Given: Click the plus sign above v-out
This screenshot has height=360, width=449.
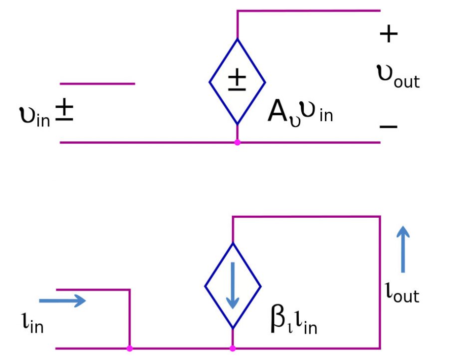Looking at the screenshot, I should pos(389,34).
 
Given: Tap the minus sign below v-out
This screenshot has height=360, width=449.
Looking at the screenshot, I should pos(389,126).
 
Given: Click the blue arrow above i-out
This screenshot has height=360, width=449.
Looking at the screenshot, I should pos(404,249).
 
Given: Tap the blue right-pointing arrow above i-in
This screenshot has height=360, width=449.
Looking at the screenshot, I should pos(63,300).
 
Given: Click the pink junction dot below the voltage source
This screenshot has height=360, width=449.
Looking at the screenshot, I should pos(237,142).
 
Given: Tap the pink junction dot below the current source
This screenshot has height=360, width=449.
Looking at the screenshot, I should pos(232,348).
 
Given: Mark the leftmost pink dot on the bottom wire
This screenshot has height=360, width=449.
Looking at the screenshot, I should pos(130,348).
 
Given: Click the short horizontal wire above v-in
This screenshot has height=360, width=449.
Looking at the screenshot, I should pos(97,84).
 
